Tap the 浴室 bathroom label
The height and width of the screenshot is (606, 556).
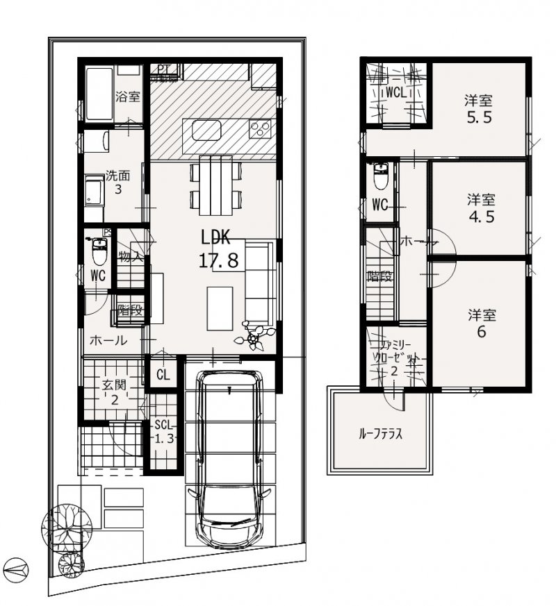click(129, 96)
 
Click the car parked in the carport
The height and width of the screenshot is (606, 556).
click(229, 458)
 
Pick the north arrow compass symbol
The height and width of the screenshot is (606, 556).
click(16, 569)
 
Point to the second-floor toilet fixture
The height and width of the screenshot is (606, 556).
click(381, 176)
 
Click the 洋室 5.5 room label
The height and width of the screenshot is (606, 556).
click(480, 108)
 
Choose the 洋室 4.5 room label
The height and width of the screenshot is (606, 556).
click(480, 207)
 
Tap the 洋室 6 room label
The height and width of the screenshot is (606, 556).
click(481, 323)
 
